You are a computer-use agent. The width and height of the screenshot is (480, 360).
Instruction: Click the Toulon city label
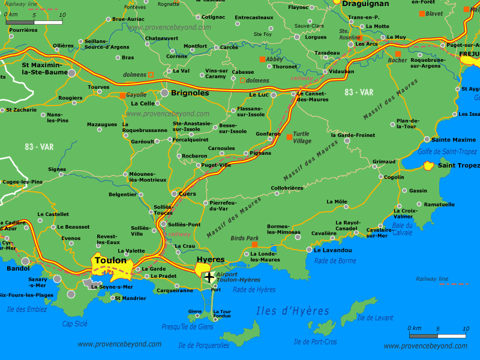111,260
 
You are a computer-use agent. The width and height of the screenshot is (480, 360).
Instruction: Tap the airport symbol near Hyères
209,277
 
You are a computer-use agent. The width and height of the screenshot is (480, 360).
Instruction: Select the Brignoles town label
190,93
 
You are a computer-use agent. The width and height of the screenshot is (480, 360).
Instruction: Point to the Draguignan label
365,4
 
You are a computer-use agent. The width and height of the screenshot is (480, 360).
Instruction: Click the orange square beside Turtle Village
289,137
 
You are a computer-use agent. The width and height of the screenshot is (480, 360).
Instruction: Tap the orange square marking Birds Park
255,245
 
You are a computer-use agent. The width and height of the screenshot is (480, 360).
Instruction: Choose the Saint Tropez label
458,166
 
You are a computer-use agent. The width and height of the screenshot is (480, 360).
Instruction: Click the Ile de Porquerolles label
203,345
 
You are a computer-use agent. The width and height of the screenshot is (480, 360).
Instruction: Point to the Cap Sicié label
75,323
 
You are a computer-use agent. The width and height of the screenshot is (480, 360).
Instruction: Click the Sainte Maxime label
454,140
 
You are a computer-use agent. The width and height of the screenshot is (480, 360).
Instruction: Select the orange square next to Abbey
262,59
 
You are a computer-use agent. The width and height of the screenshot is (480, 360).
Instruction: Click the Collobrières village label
287,188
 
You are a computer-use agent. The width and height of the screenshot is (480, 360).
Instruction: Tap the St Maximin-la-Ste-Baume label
41,68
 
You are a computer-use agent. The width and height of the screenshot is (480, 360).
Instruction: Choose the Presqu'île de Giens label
187,327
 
